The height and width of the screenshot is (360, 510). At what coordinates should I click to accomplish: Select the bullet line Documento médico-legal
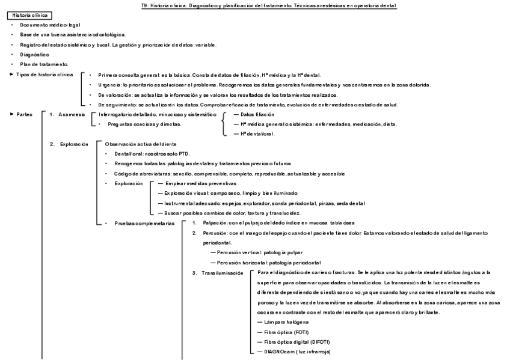click(x=45, y=25)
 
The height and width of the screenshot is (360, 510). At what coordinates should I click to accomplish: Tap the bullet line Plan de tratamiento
click(x=44, y=64)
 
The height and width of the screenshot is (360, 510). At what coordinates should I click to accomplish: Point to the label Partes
click(x=24, y=114)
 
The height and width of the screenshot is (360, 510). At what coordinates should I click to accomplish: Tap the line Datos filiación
click(x=257, y=114)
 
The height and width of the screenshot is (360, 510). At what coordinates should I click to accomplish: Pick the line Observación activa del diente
click(x=141, y=144)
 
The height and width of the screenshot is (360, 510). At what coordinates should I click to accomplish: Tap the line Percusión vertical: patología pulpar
click(x=260, y=252)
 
